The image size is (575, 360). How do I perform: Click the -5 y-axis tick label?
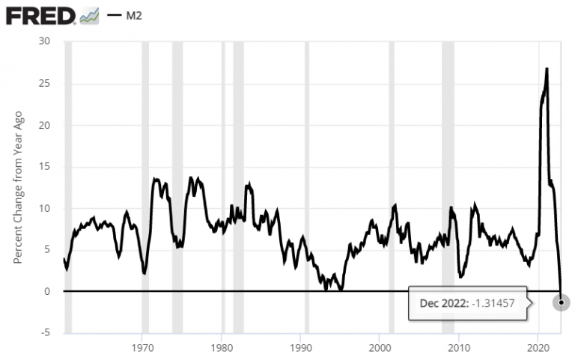tap(44, 333)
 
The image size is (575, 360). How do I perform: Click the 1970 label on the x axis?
tap(142, 348)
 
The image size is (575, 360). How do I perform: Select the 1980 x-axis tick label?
tap(222, 348)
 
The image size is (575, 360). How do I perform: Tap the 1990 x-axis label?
tap(300, 348)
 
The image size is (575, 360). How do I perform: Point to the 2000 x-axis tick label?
tap(380, 348)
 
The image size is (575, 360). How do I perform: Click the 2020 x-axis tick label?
tap(538, 348)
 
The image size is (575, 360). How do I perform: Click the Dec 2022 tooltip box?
tap(467, 302)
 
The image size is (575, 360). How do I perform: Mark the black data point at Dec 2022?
tap(561, 302)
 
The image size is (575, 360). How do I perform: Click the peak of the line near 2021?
tap(547, 69)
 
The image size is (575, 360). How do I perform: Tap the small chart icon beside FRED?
tap(89, 14)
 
